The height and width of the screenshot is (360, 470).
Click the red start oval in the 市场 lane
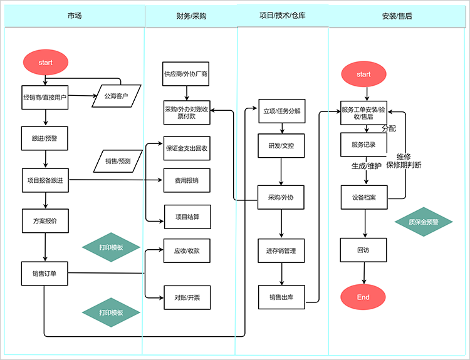[x=46, y=62]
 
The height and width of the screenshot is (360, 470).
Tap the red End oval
[x=363, y=297]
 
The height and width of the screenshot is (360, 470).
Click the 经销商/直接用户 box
[x=45, y=97]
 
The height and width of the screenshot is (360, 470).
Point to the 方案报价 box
[x=45, y=221]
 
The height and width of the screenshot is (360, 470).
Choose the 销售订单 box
[x=45, y=273]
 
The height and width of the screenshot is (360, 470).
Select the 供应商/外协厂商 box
[x=186, y=73]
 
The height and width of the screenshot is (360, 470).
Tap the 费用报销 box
[x=186, y=180]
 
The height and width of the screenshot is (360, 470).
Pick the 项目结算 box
[x=186, y=217]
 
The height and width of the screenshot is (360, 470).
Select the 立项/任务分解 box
[x=281, y=111]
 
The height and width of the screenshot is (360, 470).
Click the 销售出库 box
[x=281, y=297]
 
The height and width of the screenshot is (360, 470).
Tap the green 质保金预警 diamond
[x=424, y=222]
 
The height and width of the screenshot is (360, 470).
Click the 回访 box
[x=363, y=249]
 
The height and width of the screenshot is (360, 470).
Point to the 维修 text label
[x=404, y=157]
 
